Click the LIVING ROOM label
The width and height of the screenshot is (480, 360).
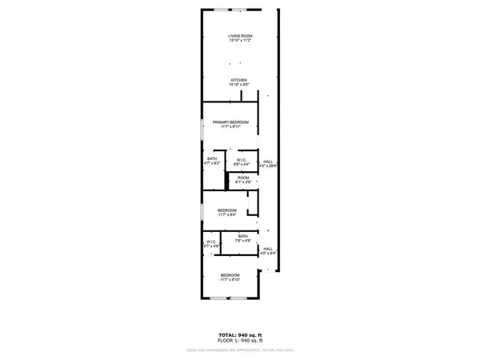[238, 36]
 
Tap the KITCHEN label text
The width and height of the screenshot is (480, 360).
[238, 80]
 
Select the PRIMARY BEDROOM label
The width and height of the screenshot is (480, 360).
[230, 122]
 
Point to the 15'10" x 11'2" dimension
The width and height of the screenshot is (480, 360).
[238, 41]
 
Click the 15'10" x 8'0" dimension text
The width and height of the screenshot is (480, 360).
[238, 85]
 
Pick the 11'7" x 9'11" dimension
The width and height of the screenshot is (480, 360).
[230, 126]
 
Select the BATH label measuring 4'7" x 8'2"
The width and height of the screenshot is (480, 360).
[212, 158]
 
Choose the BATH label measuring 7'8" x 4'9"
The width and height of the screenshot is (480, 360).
[243, 236]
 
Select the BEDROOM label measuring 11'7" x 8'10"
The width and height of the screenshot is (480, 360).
[230, 274]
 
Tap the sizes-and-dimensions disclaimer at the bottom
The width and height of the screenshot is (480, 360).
[240, 346]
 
